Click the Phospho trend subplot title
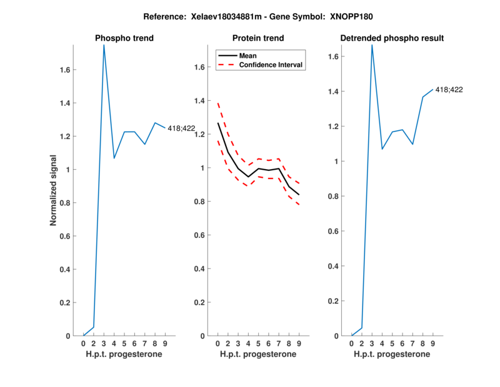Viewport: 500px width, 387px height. pos(124,38)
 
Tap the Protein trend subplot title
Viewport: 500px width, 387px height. pos(258,38)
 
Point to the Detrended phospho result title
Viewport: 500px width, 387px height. pos(392,38)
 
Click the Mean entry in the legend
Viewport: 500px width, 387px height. pos(248,55)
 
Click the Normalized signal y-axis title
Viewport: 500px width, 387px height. pos(55,190)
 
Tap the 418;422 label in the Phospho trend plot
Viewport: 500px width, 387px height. pos(181,128)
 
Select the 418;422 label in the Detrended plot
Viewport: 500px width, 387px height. pos(449,90)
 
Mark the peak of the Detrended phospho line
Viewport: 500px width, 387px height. pos(372,45)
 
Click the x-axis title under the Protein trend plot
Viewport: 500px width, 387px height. pos(258,354)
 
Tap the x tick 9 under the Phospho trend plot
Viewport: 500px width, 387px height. pos(165,343)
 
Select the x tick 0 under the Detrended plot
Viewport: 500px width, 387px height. pos(352,343)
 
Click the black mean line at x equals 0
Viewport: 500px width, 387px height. pos(218,123)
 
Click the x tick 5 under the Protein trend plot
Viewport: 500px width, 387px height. pos(258,343)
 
